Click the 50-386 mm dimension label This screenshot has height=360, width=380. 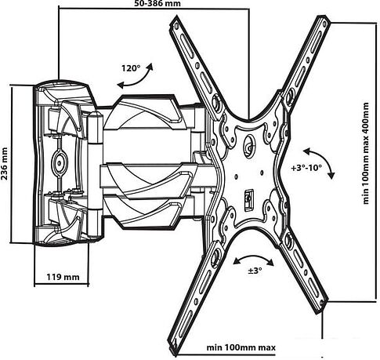157,3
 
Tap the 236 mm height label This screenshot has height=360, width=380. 4,164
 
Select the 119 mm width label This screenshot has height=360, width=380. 63,277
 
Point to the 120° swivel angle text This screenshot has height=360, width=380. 131,68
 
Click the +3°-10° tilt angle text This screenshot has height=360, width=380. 306,168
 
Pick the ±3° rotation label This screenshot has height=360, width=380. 255,271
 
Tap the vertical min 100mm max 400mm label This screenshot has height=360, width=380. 367,153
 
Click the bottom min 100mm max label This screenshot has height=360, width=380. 241,347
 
